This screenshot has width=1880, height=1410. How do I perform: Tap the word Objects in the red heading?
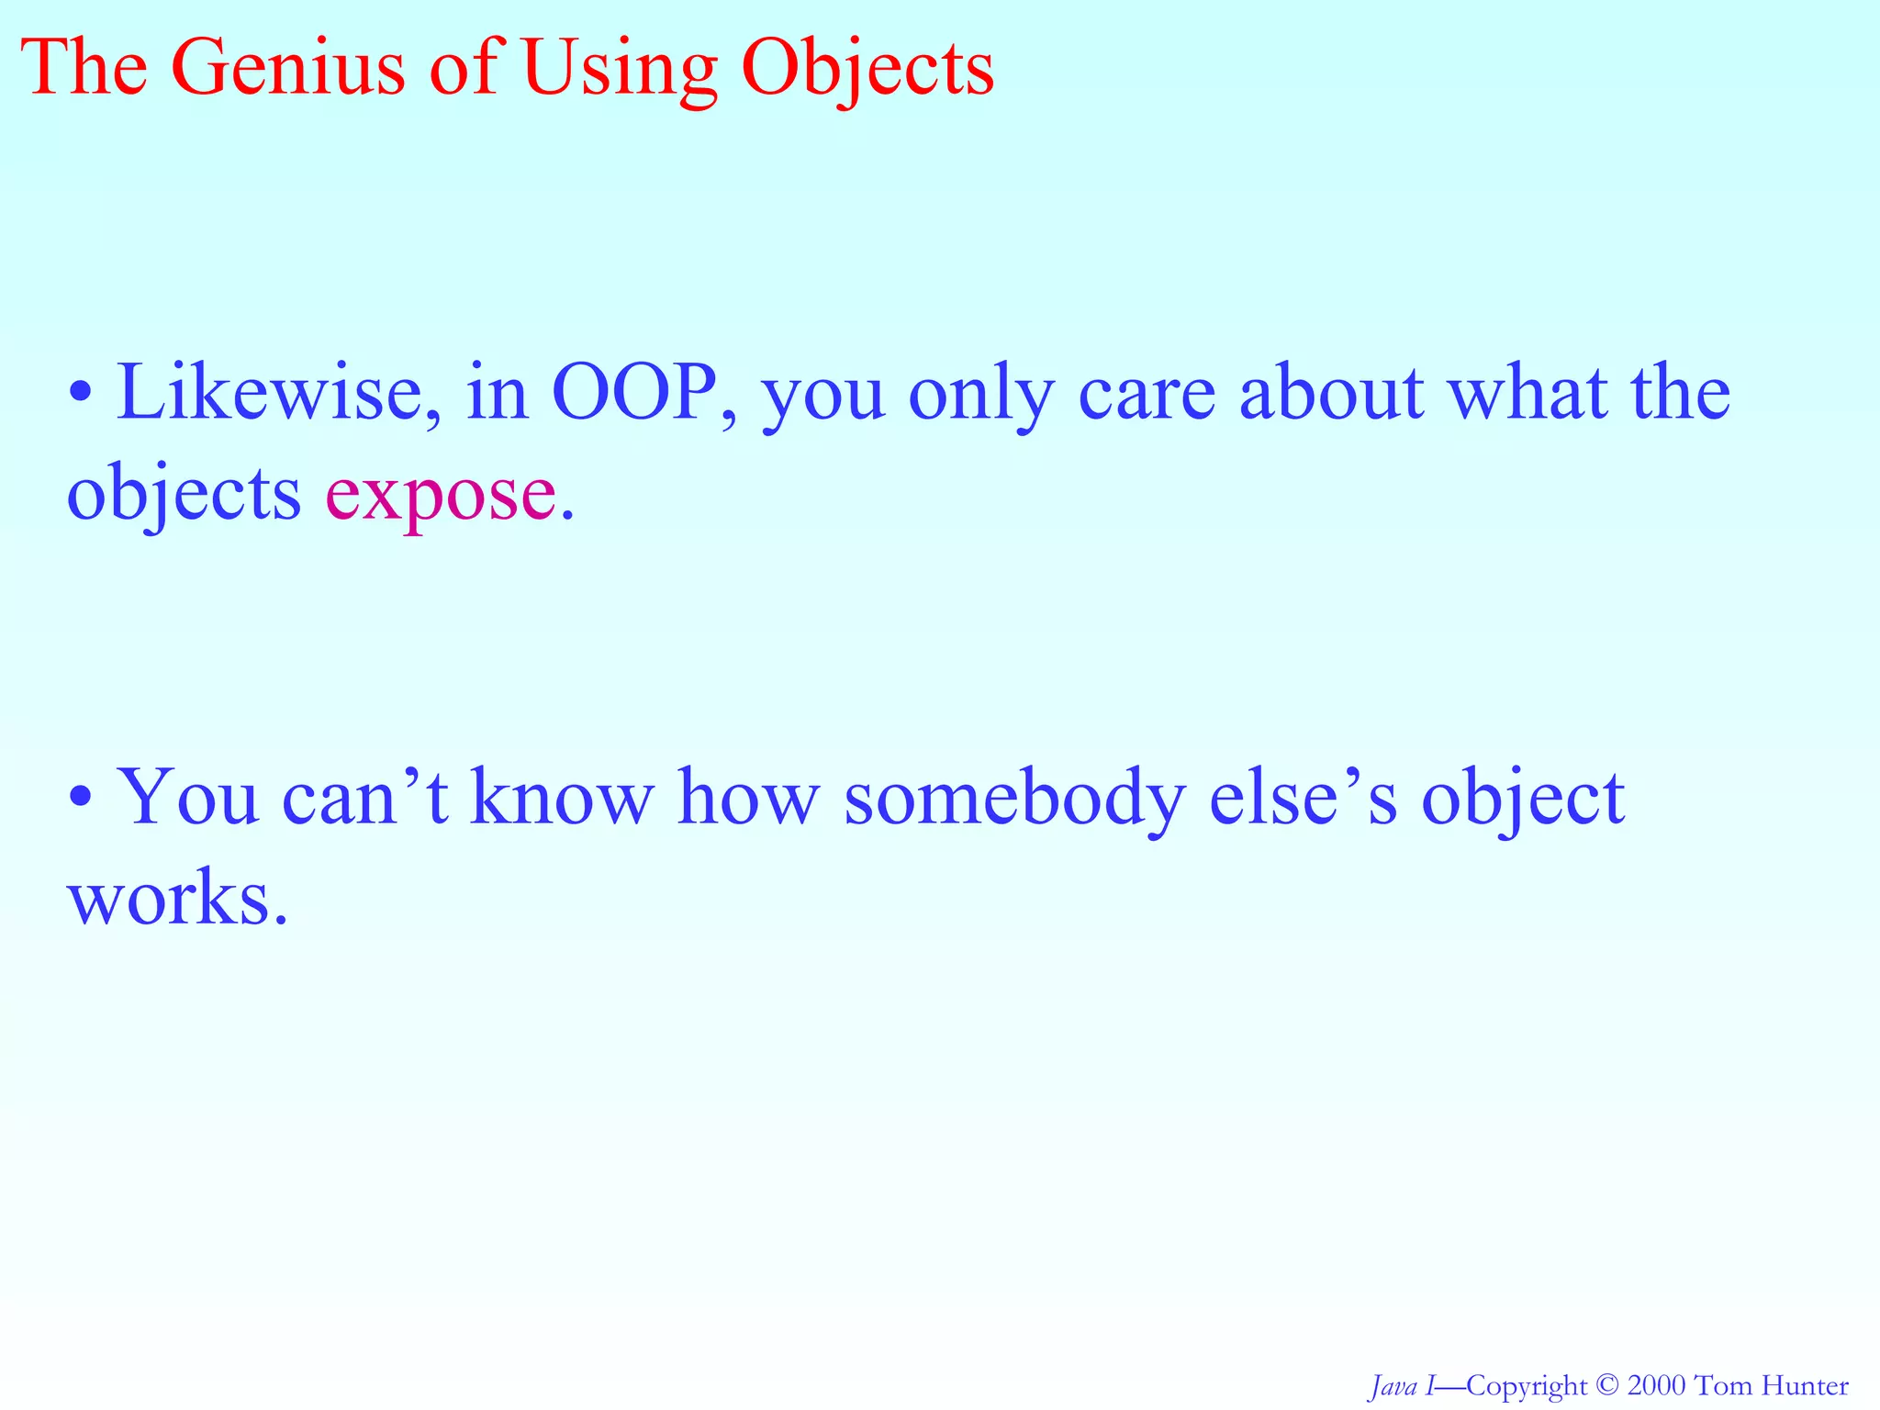(x=867, y=70)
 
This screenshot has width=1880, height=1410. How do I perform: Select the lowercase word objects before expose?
(x=184, y=496)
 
